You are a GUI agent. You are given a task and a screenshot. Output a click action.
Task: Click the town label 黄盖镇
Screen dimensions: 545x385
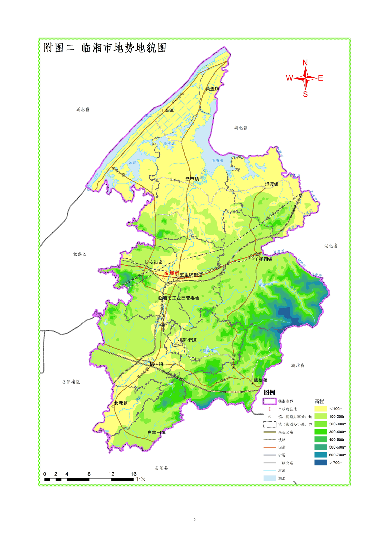(212, 89)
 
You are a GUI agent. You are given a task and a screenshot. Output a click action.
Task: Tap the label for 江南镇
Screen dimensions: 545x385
(167, 110)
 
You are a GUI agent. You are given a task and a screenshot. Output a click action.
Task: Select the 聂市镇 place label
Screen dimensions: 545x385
(192, 179)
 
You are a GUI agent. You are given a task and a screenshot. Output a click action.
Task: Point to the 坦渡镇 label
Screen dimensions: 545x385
(272, 184)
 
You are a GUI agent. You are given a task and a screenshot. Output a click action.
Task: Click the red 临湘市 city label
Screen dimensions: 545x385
(171, 273)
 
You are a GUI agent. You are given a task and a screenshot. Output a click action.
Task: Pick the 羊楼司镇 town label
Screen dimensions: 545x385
(264, 259)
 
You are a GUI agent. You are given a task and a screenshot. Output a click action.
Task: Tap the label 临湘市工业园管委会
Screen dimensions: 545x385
(179, 298)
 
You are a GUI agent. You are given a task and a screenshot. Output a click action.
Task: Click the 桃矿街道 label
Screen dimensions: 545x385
(187, 340)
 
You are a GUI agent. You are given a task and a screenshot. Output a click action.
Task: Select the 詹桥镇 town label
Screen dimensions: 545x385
(261, 380)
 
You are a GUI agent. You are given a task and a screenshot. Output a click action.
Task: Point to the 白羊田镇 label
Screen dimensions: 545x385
(156, 433)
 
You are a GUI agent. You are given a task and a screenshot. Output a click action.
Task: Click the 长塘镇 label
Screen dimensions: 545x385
(121, 403)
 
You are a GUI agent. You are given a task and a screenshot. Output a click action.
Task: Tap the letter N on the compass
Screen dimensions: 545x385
(305, 63)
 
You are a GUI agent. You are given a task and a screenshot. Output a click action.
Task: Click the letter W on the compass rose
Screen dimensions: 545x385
(289, 78)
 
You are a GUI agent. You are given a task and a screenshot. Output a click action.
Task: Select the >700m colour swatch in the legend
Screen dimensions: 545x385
(320, 463)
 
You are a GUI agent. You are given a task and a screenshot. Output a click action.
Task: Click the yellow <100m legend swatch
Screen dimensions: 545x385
(320, 409)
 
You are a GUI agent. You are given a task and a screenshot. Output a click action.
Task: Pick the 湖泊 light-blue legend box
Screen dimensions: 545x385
(269, 478)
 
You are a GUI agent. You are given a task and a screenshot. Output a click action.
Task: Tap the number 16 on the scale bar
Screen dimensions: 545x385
(133, 474)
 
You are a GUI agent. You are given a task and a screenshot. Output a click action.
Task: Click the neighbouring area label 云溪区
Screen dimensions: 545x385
(80, 254)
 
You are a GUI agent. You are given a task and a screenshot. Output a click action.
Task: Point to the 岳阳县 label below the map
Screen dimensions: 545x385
(161, 468)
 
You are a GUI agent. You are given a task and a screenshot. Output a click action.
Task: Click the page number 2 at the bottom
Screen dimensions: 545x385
(194, 520)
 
